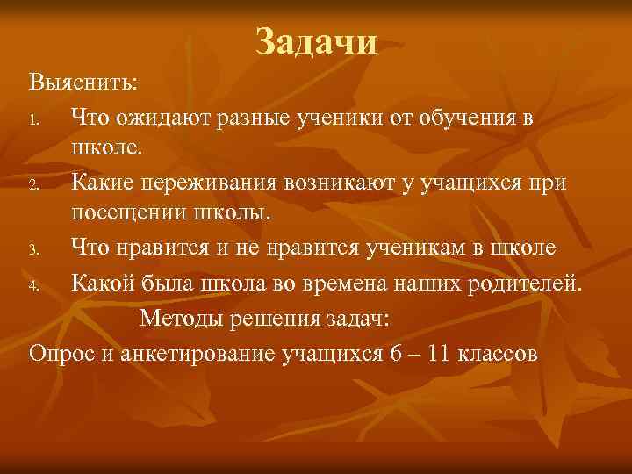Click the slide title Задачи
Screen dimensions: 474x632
tap(317, 40)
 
